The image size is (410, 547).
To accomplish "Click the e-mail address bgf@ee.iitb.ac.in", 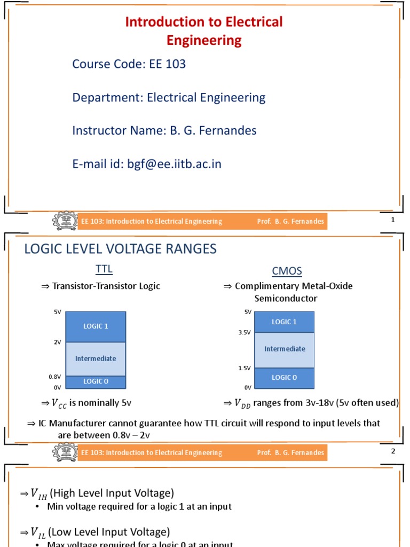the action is point(174,164).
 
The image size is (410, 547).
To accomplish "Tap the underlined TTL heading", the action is point(104,268).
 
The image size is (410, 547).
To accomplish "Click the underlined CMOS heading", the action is point(287,271).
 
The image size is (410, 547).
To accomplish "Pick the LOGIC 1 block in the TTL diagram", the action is point(96,326).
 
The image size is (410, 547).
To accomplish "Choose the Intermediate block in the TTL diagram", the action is point(96,358).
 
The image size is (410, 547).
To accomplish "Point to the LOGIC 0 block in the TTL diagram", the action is point(96,381).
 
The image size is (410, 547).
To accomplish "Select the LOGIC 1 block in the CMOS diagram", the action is point(284,322).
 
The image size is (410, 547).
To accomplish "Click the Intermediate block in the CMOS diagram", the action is point(284,349).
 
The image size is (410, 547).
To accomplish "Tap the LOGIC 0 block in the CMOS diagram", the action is point(284,377).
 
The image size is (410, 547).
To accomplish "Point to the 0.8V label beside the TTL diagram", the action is point(55,377).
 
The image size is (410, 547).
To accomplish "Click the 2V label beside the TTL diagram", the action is point(57,342).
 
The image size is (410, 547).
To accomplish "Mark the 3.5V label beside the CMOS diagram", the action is point(245,332).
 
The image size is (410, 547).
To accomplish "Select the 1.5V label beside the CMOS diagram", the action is point(245,368).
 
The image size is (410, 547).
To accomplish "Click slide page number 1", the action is point(393,220).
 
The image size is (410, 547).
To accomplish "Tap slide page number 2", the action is point(393,451).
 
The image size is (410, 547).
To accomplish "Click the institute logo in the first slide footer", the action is point(65,221).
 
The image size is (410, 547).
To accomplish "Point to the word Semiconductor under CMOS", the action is point(286,299).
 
